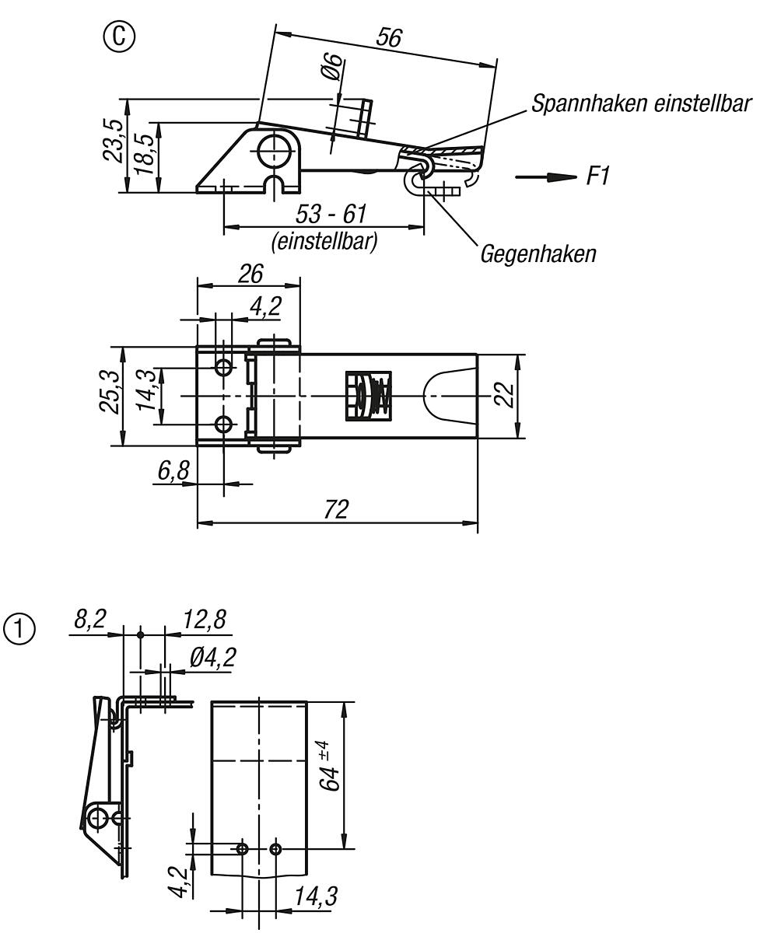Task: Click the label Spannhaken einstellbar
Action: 641,103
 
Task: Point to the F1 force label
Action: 597,177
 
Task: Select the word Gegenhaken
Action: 538,253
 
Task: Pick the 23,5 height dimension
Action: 114,140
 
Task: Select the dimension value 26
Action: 249,273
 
